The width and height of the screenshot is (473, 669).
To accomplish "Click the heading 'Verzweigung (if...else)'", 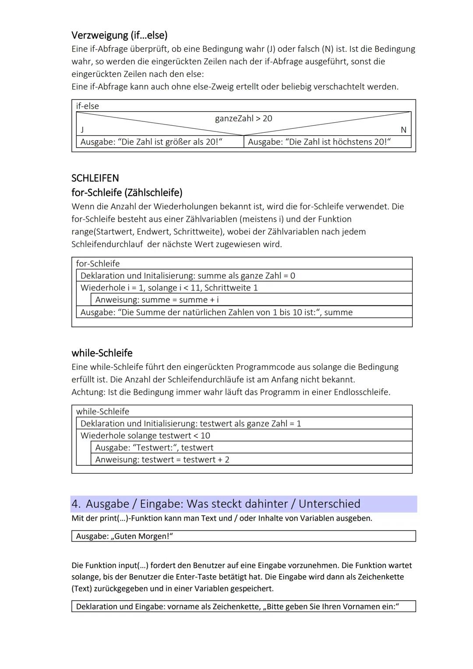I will (x=120, y=35).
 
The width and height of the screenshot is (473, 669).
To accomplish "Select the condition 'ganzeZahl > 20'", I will (x=244, y=118).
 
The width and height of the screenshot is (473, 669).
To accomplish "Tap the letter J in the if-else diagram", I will (x=82, y=130).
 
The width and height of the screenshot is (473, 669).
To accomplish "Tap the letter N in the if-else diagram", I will (x=403, y=130).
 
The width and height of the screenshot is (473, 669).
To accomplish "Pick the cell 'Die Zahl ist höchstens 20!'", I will (x=319, y=142).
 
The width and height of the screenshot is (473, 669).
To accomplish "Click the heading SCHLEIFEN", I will (x=95, y=178).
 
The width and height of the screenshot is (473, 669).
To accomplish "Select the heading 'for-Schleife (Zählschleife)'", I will (x=127, y=192).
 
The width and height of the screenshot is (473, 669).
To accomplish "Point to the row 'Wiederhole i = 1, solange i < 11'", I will (x=169, y=288).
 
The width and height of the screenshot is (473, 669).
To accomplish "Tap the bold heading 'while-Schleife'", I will (x=102, y=353).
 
